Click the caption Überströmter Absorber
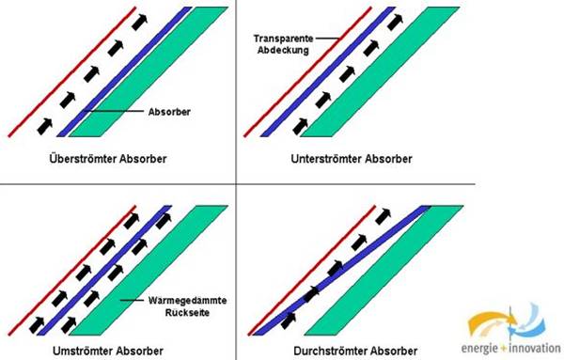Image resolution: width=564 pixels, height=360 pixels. pos(108,159)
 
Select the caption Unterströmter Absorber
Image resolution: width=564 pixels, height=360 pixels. pos(352,159)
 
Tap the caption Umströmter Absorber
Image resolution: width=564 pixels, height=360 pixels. pos(108,351)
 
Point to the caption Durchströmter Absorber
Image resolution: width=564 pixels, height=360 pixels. pos(355,351)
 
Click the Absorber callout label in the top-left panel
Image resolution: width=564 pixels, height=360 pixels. pos(169,112)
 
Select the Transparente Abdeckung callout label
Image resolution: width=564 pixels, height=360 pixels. pos(284,44)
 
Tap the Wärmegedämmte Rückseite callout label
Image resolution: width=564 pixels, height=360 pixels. pos(187,306)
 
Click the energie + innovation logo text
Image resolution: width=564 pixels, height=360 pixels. pos(510,348)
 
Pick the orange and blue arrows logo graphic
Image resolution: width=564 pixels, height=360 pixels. pos(508,322)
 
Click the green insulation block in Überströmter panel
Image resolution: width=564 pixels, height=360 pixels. pos(149,71)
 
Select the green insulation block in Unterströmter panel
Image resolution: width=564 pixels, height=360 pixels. pos(380,71)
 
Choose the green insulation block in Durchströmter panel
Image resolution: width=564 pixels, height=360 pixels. pos(384,270)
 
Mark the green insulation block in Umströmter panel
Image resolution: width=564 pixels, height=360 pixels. pos(149,270)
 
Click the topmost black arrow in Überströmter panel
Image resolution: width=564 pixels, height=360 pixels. pos(139,23)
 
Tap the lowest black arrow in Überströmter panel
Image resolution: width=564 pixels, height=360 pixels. pos(45,126)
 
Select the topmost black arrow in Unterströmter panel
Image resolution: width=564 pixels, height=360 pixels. pos(395,23)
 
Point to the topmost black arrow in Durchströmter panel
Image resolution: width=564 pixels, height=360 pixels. pos(383,216)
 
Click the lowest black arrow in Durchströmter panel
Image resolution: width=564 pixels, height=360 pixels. pos(289,321)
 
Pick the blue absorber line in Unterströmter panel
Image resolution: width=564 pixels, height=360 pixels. pos(328,71)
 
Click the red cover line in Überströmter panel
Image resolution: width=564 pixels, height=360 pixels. pos(72,71)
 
